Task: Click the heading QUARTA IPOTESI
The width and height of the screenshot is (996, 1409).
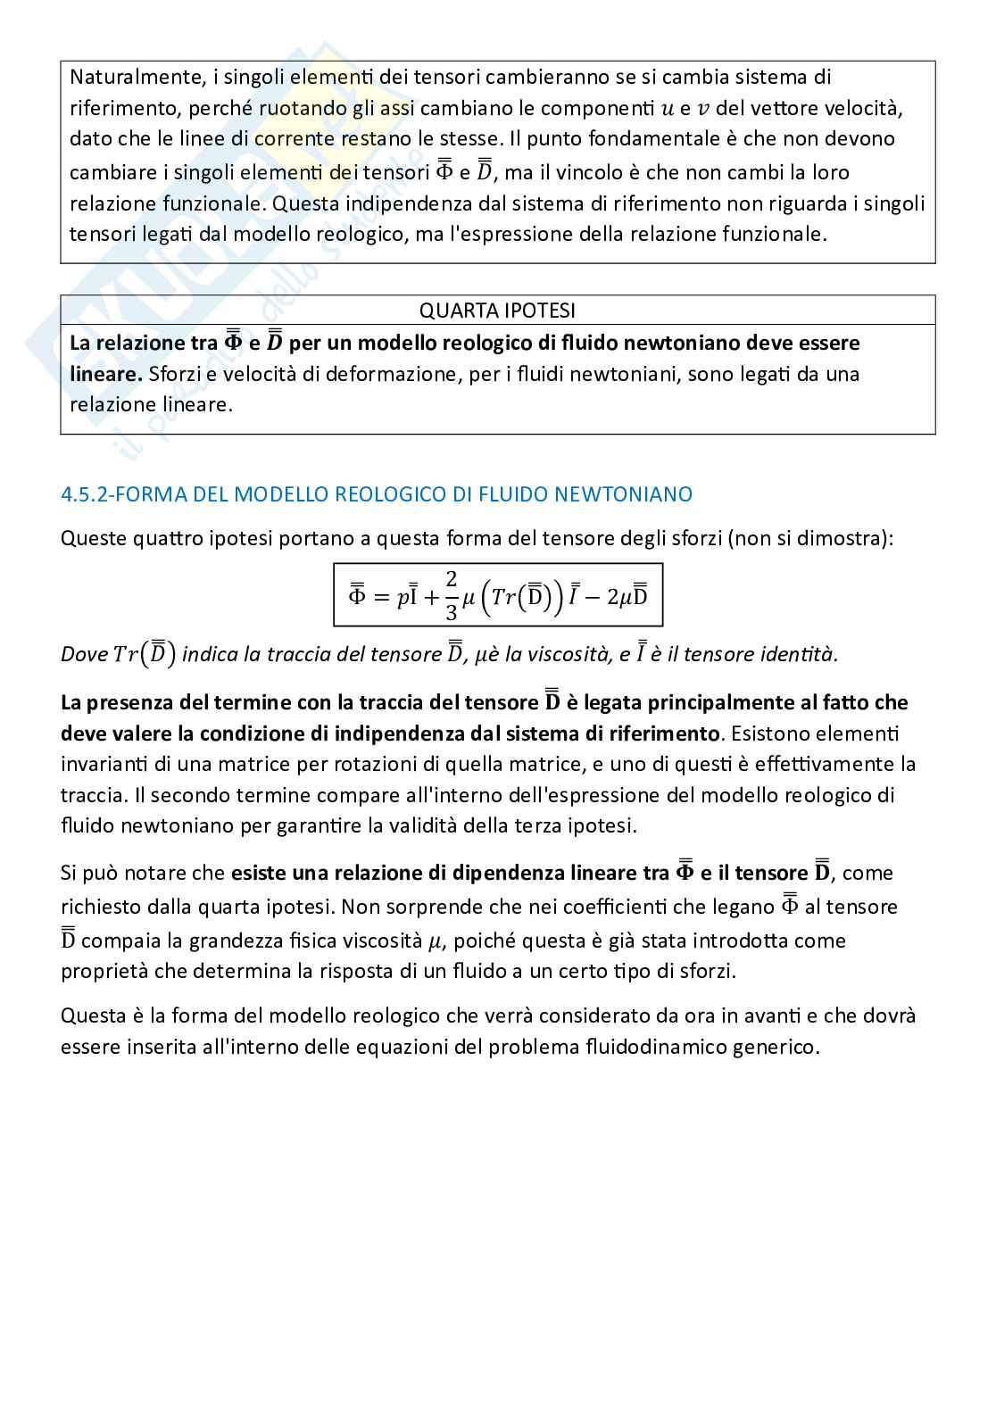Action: [x=497, y=310]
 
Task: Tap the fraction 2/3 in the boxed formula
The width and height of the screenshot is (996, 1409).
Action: [x=452, y=595]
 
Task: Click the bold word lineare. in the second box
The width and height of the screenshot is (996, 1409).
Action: [x=106, y=373]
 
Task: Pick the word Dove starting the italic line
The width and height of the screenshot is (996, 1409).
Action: [x=84, y=654]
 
